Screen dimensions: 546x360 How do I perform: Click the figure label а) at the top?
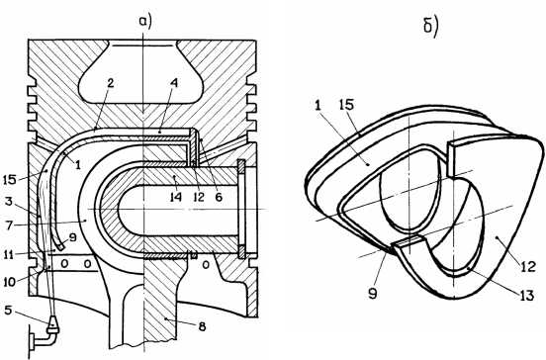coord(145,22)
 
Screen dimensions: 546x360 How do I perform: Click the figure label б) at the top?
coord(430,27)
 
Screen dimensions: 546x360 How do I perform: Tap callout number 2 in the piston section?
coord(111,83)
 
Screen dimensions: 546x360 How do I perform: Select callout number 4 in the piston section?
coord(174,83)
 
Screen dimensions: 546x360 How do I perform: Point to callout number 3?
coord(9,201)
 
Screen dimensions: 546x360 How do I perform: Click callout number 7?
coord(9,225)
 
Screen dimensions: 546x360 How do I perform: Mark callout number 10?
coord(10,281)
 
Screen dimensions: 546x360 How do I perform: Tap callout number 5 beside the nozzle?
coord(8,311)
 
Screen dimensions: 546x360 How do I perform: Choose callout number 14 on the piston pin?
coord(176,198)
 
